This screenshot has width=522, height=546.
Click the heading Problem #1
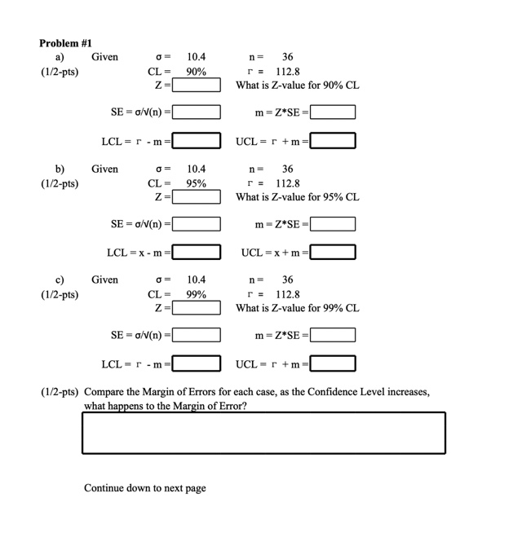point(66,42)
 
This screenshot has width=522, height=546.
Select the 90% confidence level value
point(196,71)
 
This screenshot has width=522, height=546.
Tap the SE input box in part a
point(197,112)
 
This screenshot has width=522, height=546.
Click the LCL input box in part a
point(197,142)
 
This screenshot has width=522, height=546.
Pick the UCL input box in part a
point(332,142)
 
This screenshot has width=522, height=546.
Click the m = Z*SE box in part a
point(332,112)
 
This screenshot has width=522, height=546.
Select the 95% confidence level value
point(196,183)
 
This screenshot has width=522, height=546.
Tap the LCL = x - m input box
point(197,253)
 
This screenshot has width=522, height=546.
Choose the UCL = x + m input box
point(332,253)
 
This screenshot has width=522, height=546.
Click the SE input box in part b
point(197,223)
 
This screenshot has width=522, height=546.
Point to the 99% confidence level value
point(196,294)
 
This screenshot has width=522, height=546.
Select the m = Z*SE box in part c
point(332,334)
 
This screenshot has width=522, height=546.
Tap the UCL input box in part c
point(332,363)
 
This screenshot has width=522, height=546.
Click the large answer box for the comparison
point(263,432)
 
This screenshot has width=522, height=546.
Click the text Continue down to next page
point(145,488)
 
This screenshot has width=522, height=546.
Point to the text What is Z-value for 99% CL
point(298,308)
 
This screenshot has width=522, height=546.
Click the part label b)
point(60,169)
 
